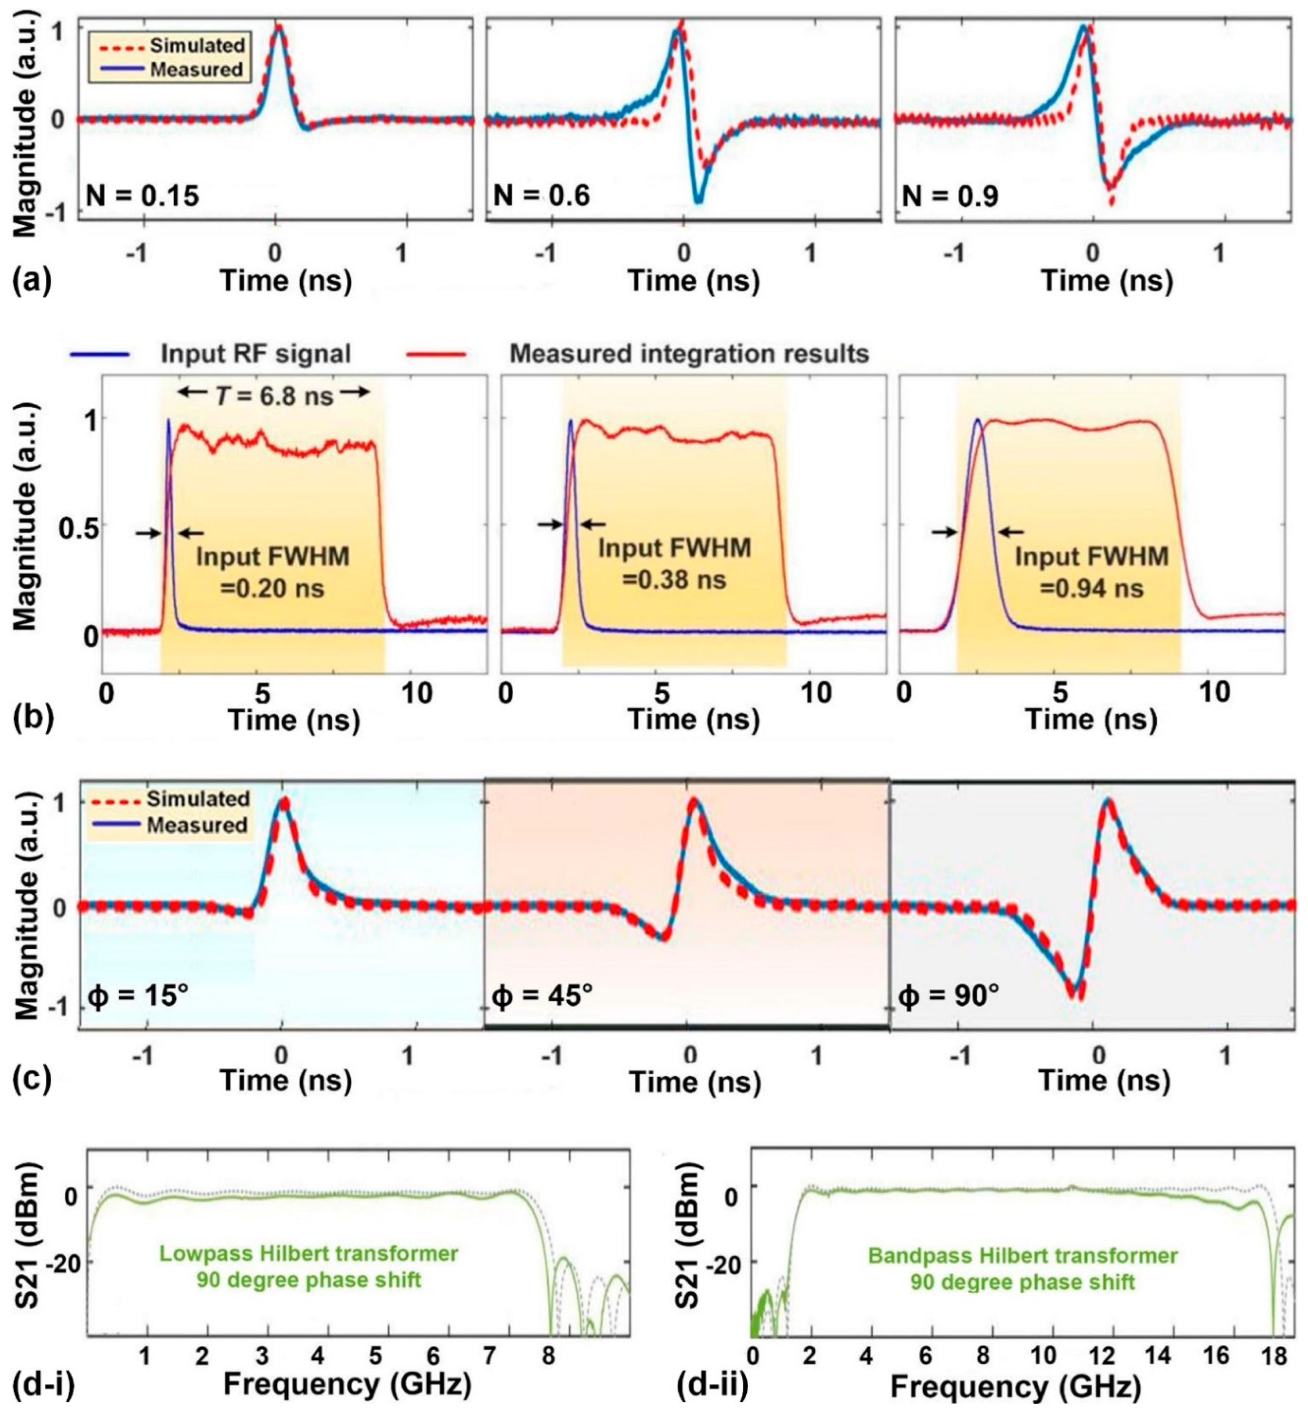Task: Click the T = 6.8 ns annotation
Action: [273, 395]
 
